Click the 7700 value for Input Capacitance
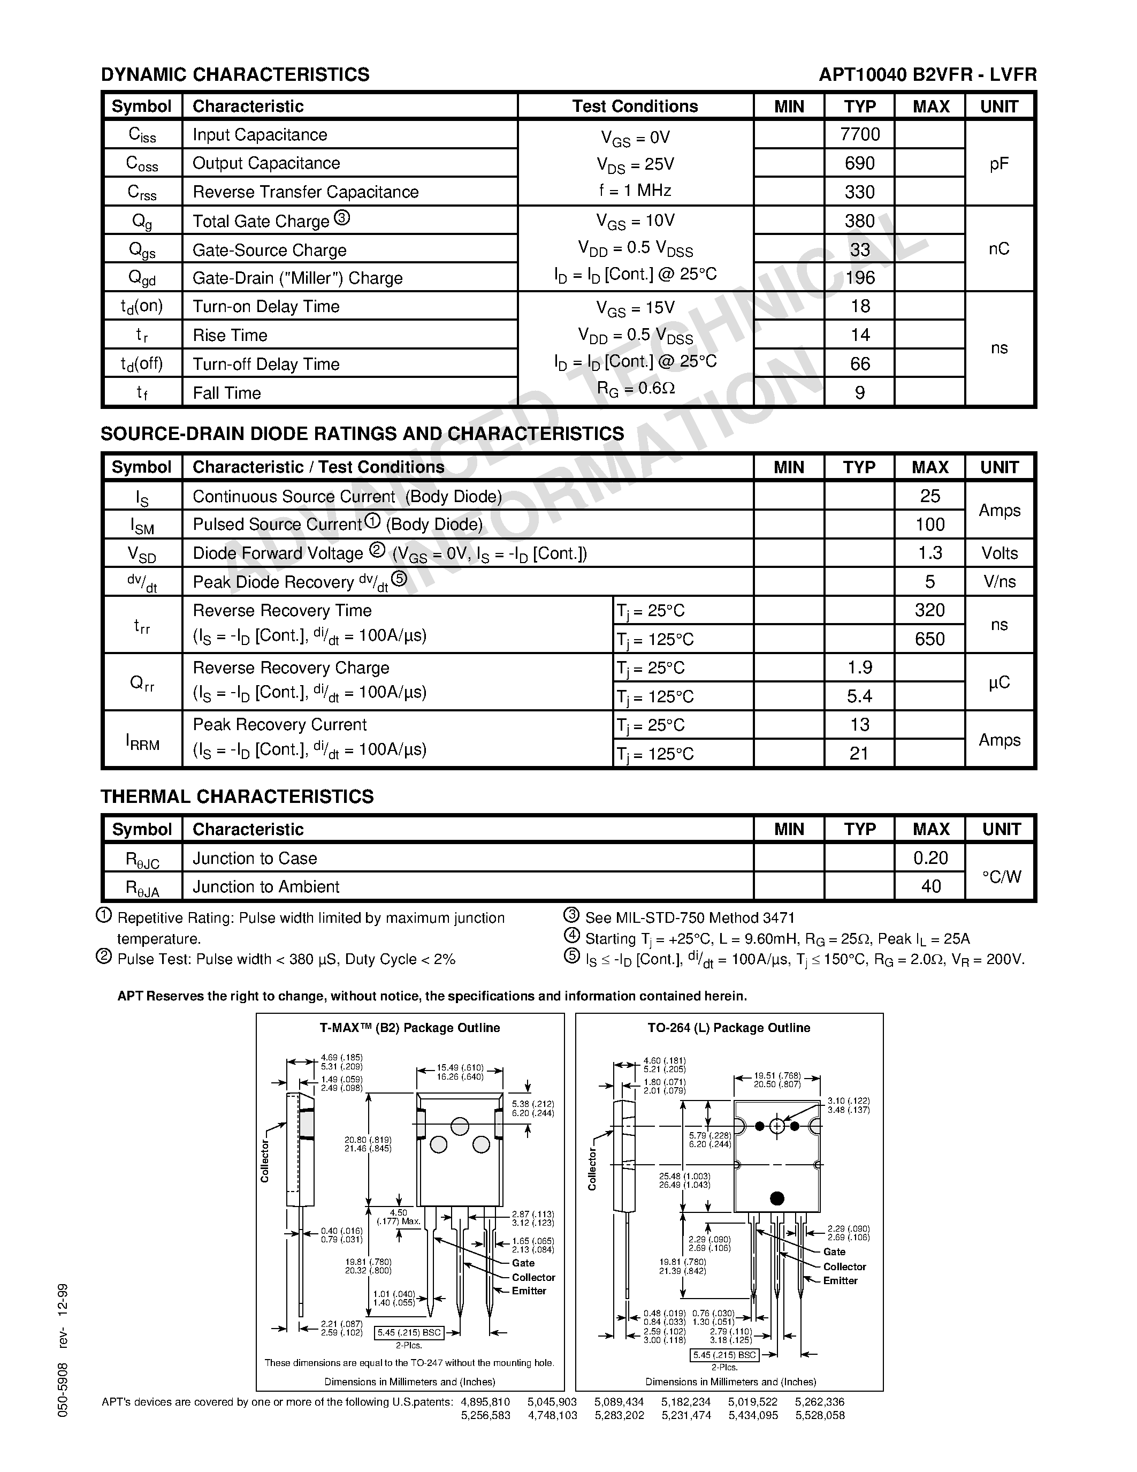[x=859, y=135]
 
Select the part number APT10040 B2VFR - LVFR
[x=927, y=75]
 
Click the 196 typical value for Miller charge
[x=859, y=278]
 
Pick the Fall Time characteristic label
[x=226, y=393]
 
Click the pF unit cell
[x=999, y=164]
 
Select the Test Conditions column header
[x=635, y=107]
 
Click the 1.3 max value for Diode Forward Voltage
[x=929, y=553]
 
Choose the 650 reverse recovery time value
[x=929, y=639]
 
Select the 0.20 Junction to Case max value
[x=930, y=858]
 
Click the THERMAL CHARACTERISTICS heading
[x=237, y=796]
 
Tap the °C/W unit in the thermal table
[x=1001, y=877]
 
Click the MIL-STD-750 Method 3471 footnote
[x=690, y=918]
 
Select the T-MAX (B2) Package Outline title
[x=409, y=1028]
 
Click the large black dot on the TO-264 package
[x=776, y=1198]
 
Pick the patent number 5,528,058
[x=820, y=1415]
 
